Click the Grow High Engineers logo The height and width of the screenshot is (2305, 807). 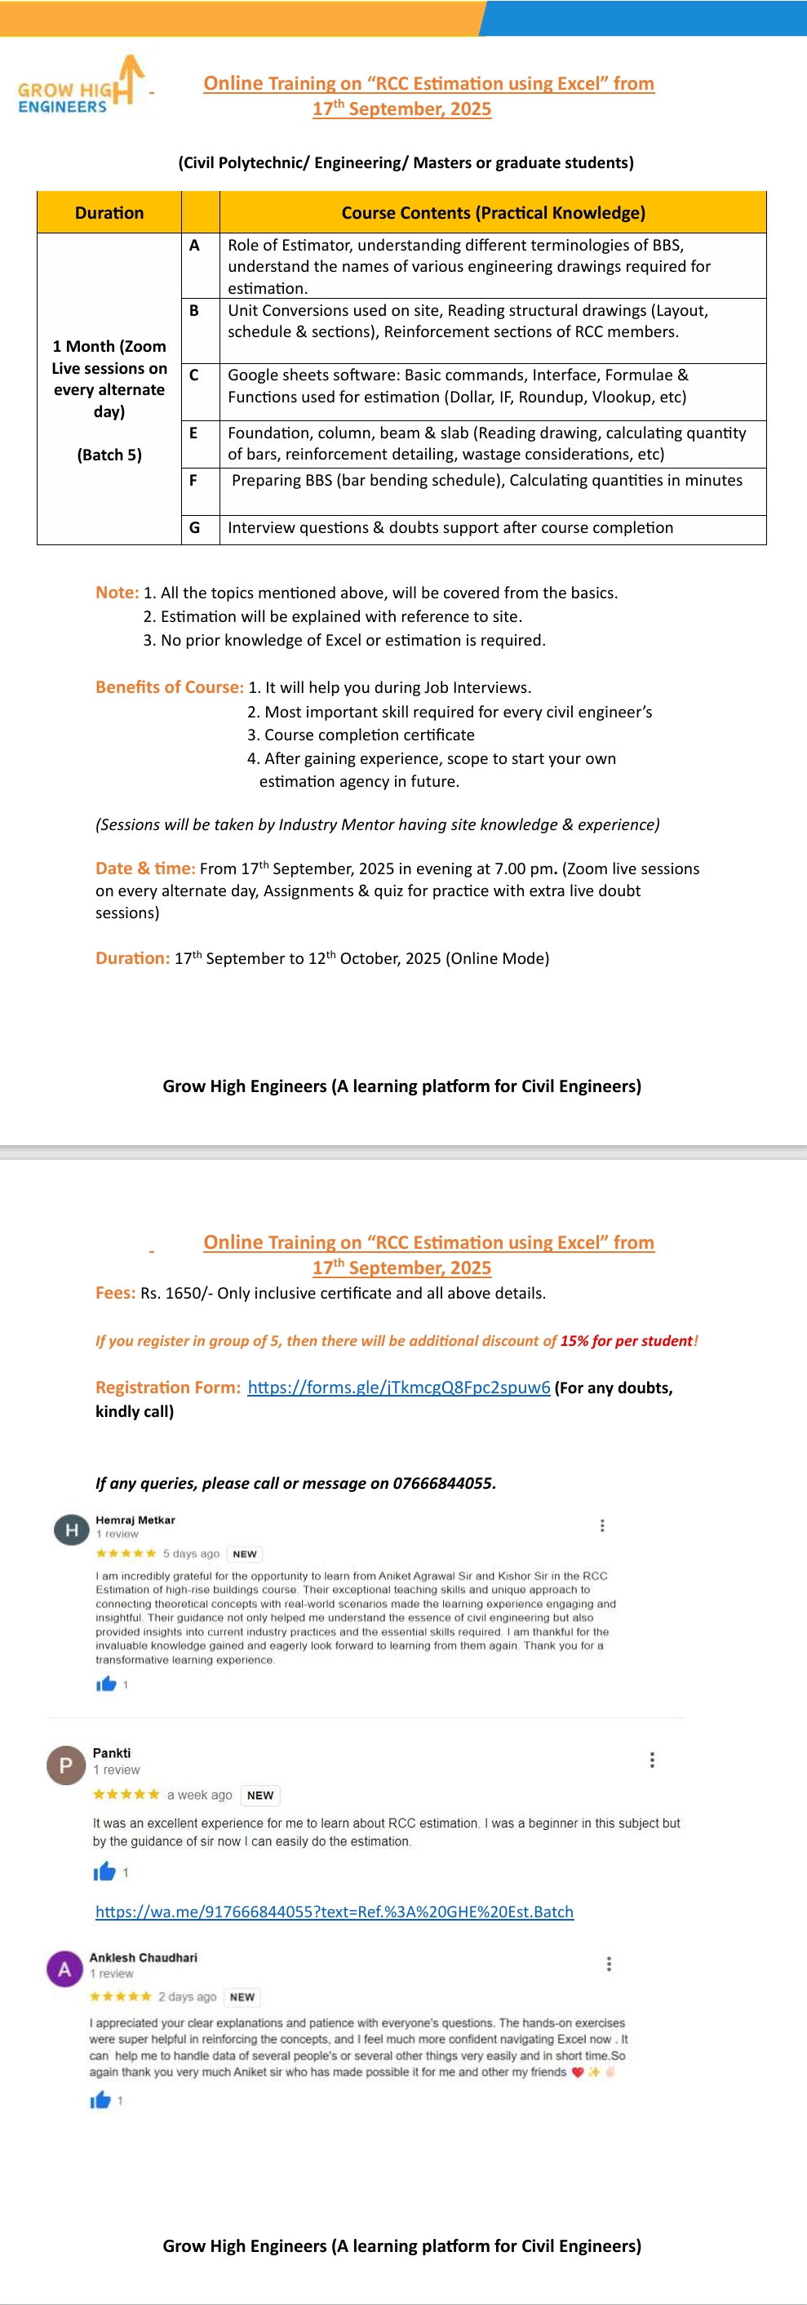coord(78,87)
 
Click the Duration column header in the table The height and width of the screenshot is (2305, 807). coord(109,213)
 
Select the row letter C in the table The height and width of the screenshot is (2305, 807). coord(193,375)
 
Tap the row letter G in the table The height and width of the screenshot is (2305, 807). coord(194,528)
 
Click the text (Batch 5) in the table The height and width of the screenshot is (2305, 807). coord(109,455)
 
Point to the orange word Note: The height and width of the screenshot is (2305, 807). coord(118,593)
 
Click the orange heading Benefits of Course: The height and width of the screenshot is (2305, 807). coord(169,687)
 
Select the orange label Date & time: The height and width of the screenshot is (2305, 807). coord(145,868)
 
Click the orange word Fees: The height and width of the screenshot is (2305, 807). coord(115,1293)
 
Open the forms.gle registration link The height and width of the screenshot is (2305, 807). coord(398,1388)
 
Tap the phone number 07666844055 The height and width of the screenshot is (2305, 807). coord(443,1484)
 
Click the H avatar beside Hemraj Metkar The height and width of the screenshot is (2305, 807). coord(71,1530)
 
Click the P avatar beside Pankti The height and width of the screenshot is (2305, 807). coord(65,1765)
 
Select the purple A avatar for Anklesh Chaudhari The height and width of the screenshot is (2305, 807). coord(64,1970)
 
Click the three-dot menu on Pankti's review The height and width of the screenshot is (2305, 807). coord(652,1760)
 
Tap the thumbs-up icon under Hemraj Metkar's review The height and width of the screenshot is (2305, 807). coord(106,1684)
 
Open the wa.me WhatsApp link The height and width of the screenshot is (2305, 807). coord(335,1912)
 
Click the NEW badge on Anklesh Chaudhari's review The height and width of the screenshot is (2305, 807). coord(242,1997)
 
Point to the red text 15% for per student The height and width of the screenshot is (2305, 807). coord(627,1341)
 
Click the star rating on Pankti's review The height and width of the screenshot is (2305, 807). coord(126,1794)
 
